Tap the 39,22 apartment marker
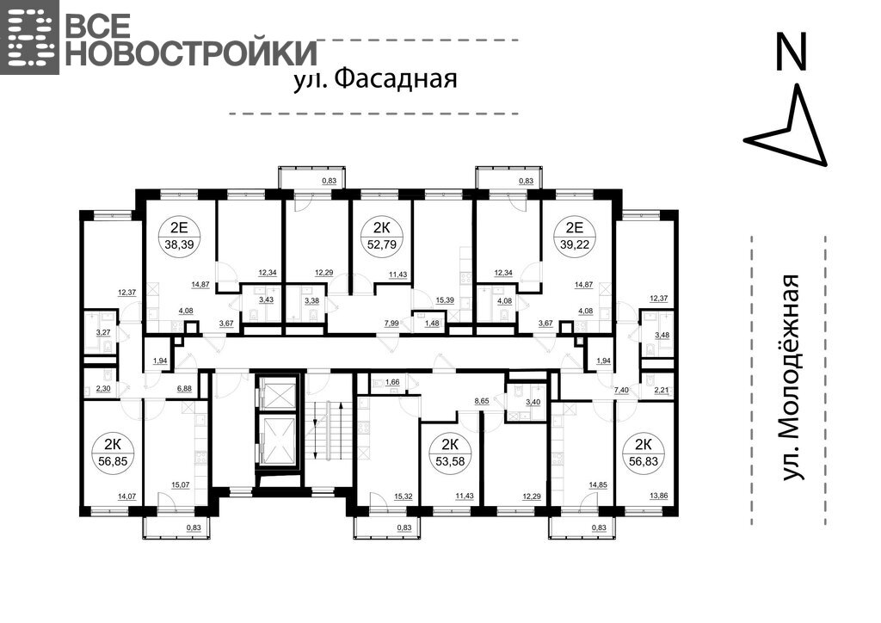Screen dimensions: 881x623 point(575,236)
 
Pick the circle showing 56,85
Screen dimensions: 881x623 point(113,453)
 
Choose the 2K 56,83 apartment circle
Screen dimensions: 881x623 point(643,453)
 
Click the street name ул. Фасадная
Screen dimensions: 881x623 point(375,80)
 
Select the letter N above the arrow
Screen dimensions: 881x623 point(792,51)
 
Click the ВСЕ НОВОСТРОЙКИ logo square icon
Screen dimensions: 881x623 point(29,37)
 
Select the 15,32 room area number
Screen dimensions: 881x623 point(404,497)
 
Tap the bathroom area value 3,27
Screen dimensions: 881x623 point(103,332)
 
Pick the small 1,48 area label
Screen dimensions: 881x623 point(432,324)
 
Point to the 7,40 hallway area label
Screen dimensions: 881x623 point(621,389)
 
